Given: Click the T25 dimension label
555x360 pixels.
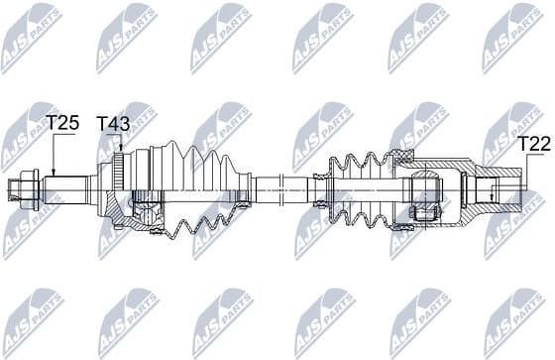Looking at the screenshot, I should point(62,123).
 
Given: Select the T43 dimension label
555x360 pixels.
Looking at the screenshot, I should point(112,123).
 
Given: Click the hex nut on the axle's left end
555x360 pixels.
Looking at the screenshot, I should point(25,185).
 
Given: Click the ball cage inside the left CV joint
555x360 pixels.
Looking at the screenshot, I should point(149,212).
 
